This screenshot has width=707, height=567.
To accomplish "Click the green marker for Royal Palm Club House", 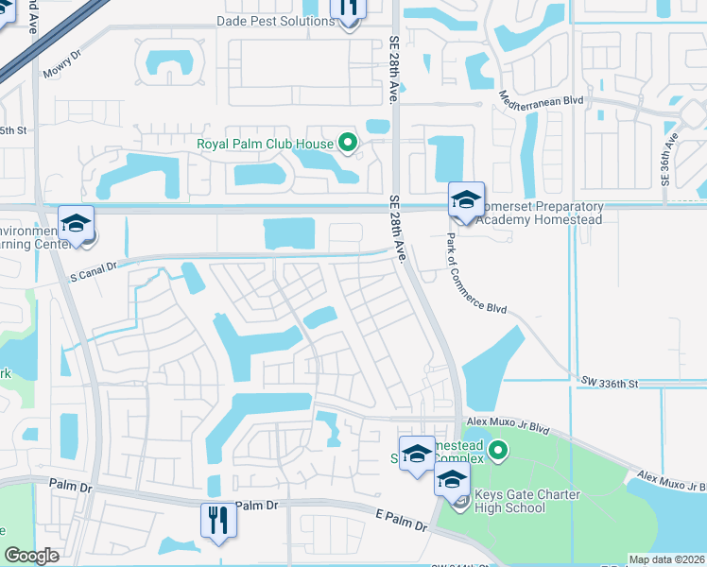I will click(348, 145).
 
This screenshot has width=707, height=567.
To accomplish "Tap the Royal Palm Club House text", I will click(265, 145).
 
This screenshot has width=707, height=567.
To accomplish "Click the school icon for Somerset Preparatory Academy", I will click(466, 200).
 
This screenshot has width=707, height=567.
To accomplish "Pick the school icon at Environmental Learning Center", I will click(76, 224).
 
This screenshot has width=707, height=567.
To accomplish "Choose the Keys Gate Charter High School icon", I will click(452, 480).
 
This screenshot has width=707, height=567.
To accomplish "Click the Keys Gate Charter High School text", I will click(511, 501).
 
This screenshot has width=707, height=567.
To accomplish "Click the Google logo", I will click(32, 557).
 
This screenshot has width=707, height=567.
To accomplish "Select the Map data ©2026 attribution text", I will click(665, 559).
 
